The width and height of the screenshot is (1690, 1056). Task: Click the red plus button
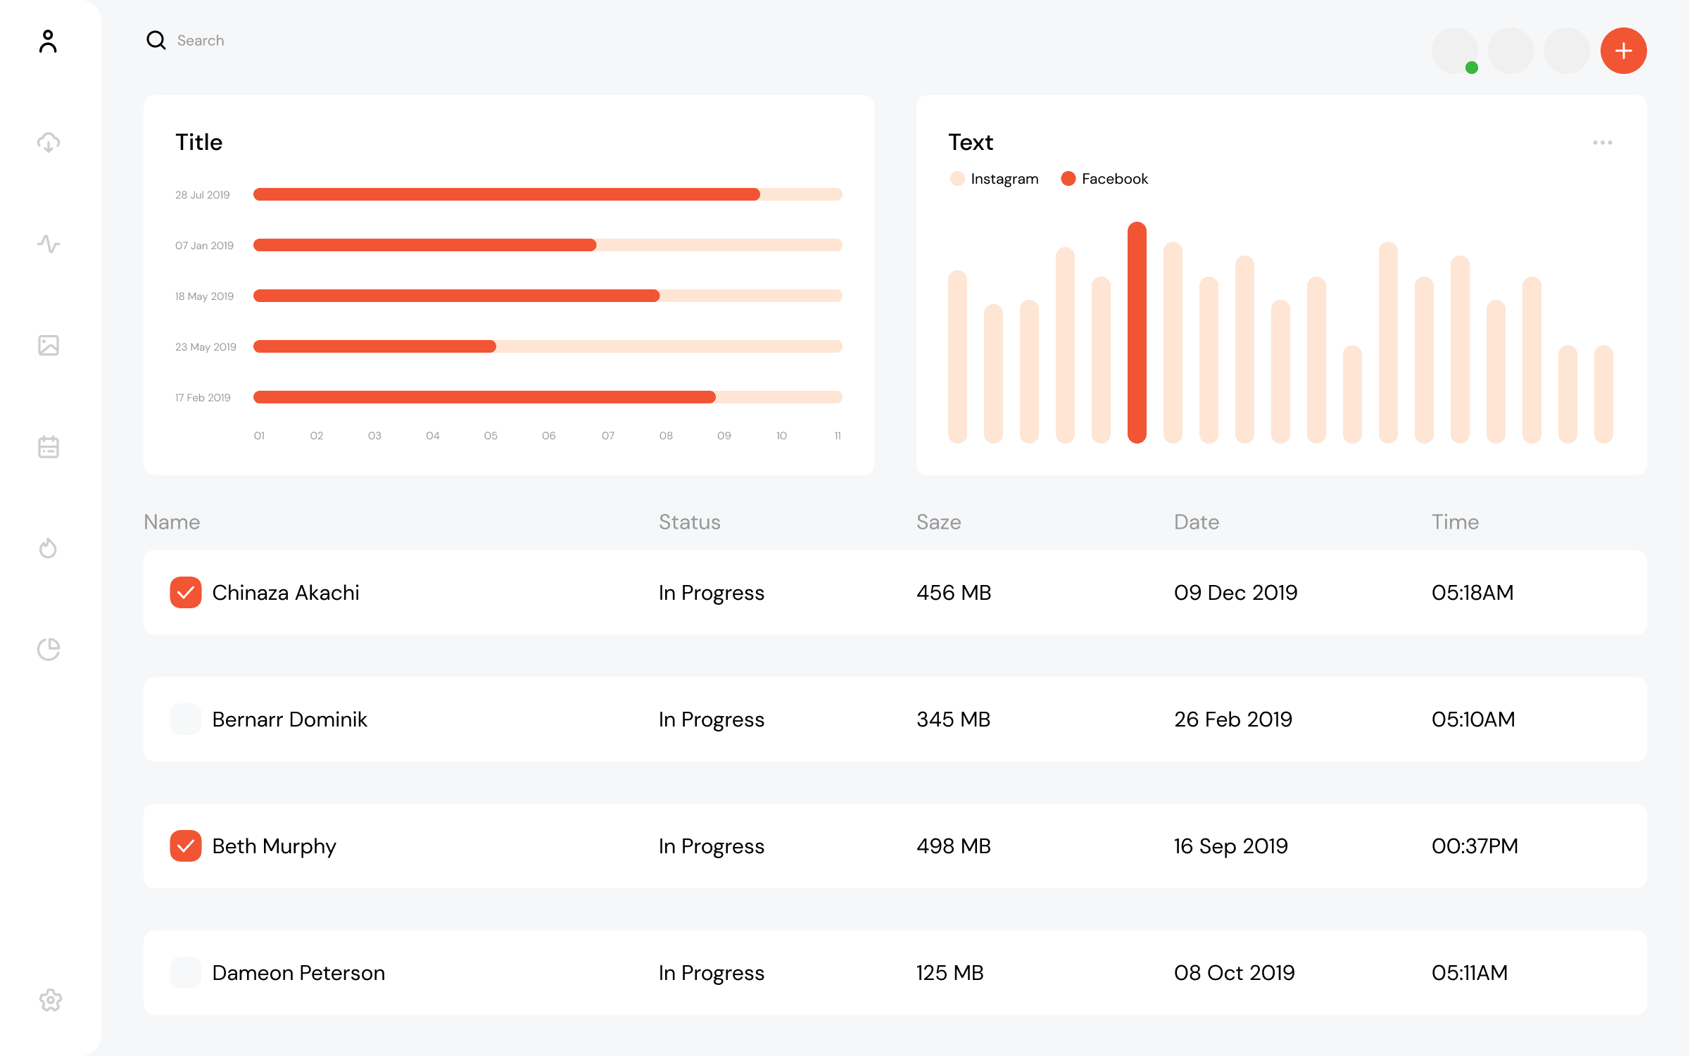[1623, 51]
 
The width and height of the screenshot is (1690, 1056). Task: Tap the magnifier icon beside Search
[156, 40]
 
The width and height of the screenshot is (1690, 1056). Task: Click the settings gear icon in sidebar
[50, 1000]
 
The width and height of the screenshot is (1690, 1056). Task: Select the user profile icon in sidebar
[48, 42]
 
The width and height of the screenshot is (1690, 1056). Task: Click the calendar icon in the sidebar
[48, 446]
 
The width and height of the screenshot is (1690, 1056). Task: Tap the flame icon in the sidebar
[48, 548]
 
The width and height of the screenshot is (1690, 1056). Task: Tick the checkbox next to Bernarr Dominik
[186, 719]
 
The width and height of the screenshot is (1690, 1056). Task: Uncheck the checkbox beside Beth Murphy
[186, 846]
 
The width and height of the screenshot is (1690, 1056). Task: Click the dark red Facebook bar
[1136, 332]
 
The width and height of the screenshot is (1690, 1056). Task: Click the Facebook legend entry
[1105, 179]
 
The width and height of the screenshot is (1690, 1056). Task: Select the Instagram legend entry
[995, 179]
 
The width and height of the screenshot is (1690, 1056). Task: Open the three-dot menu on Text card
[1602, 142]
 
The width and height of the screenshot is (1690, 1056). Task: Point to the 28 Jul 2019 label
[203, 195]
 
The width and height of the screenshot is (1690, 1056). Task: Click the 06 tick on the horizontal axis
[548, 436]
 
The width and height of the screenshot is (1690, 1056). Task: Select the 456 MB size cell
[954, 593]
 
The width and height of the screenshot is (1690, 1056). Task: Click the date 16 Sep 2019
[1230, 846]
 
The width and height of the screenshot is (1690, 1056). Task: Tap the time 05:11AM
[1470, 973]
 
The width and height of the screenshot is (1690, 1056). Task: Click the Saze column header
[938, 522]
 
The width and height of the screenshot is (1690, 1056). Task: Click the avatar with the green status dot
[1454, 51]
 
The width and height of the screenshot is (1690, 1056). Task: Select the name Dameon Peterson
[298, 973]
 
